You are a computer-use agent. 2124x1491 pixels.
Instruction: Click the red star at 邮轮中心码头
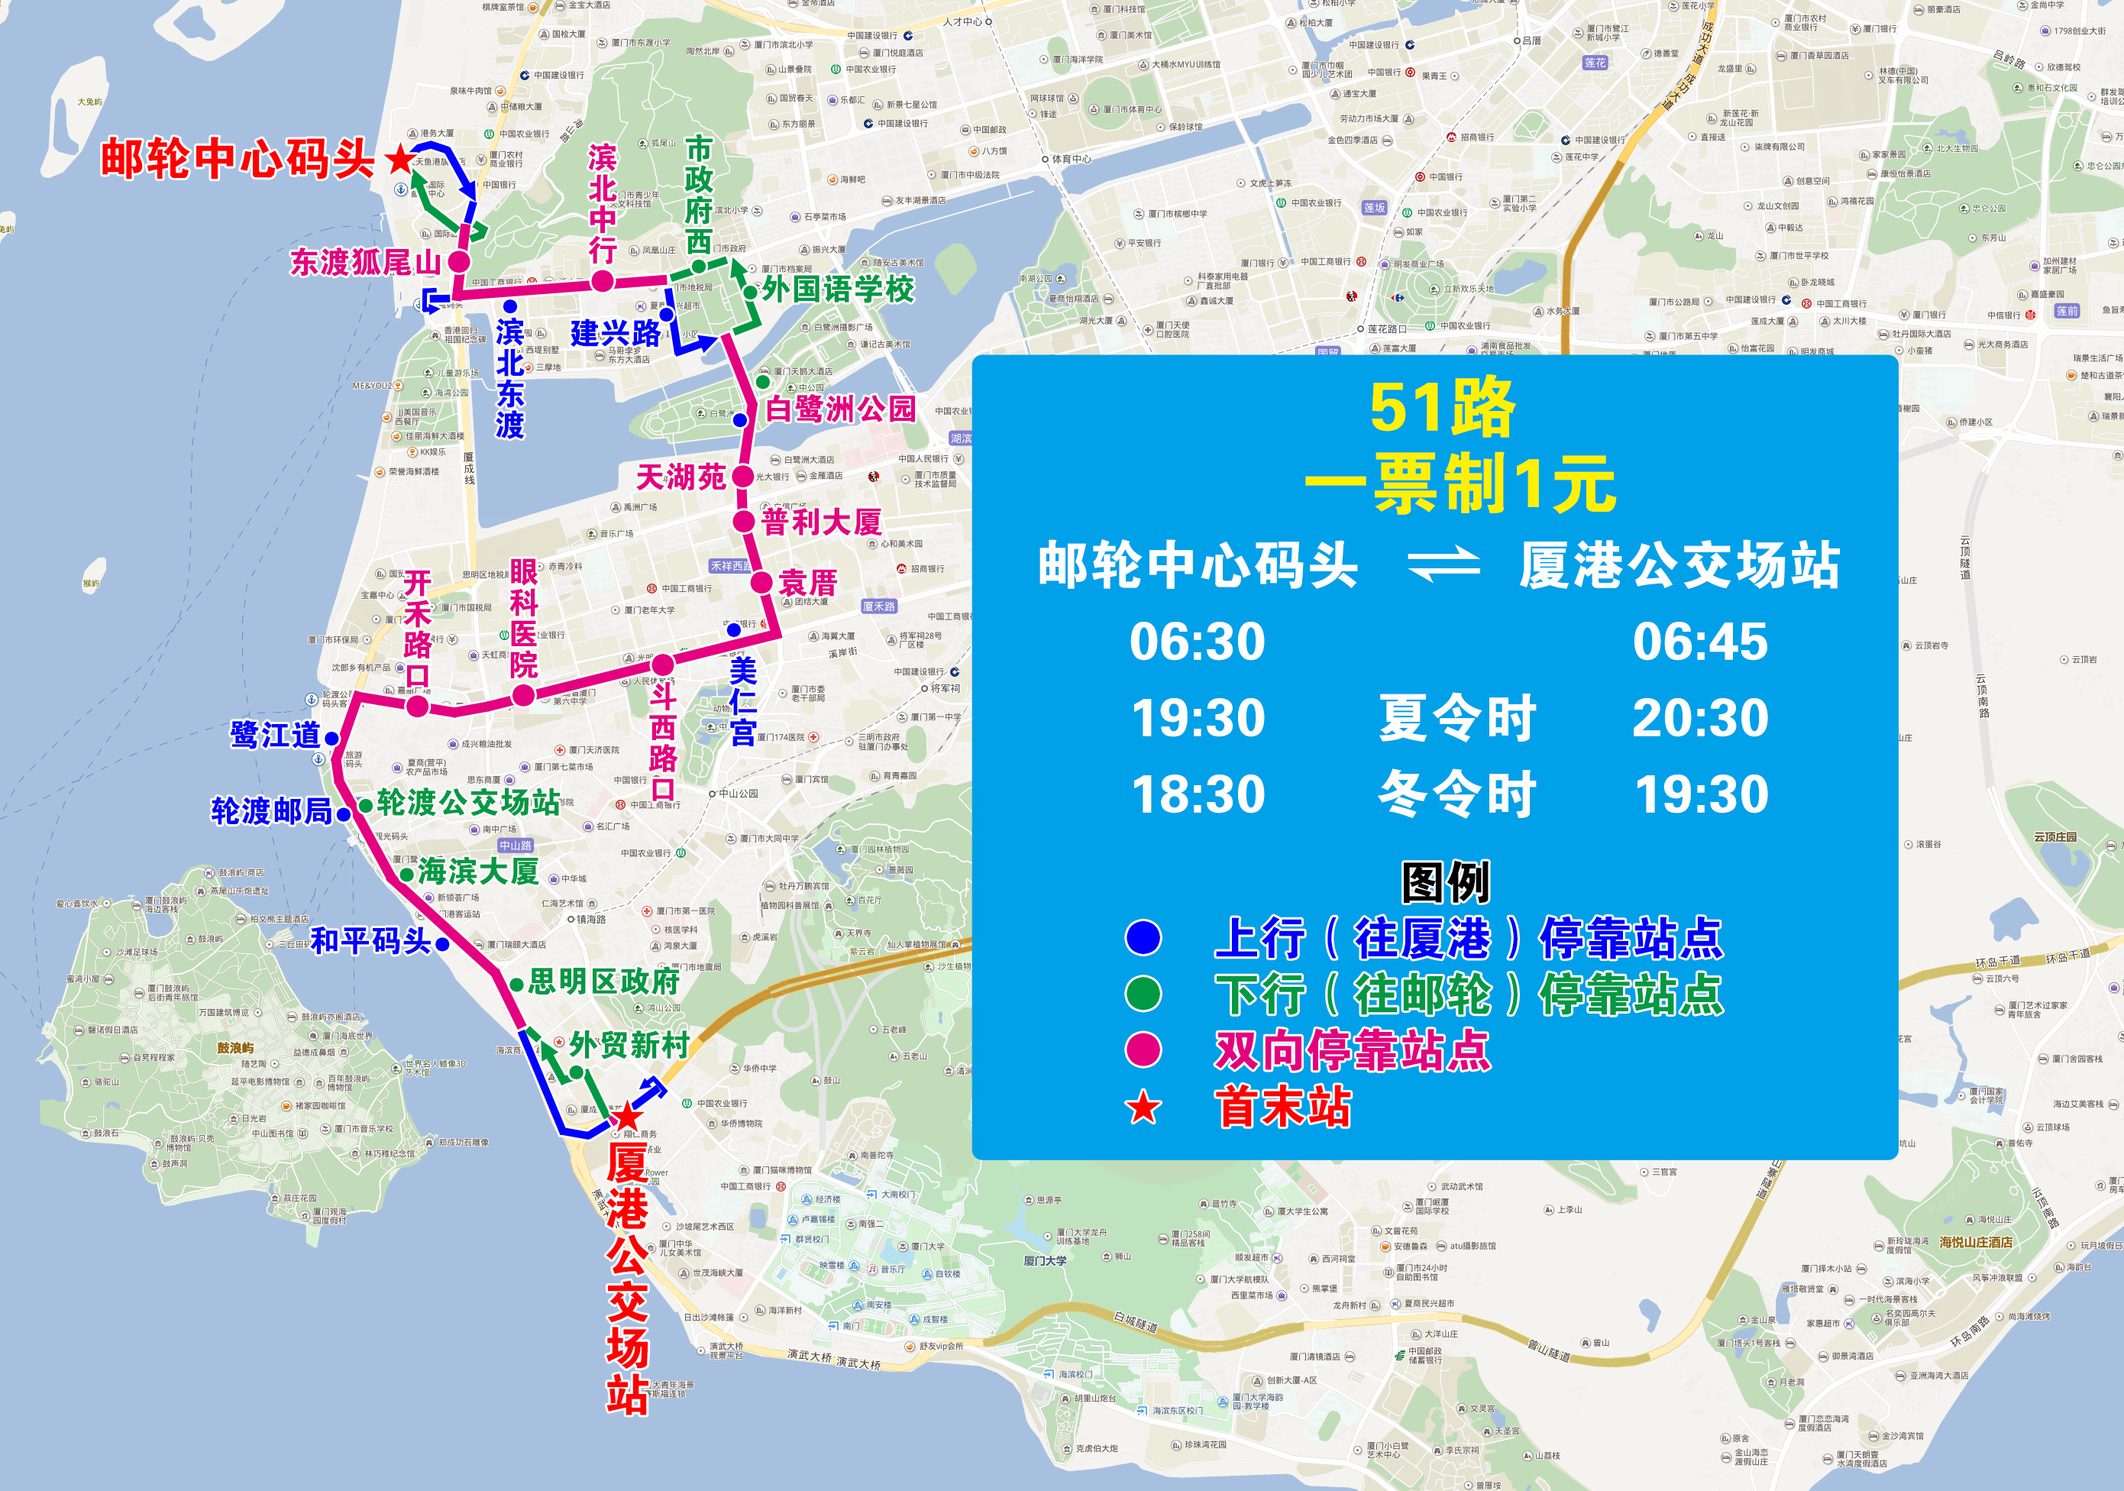tap(399, 160)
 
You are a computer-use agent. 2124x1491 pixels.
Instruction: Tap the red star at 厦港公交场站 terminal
tap(628, 1115)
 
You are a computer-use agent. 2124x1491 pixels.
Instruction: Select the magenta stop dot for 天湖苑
tap(742, 477)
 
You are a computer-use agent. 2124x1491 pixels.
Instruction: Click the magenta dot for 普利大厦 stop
tap(744, 522)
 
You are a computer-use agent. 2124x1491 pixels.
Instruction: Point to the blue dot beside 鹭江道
tap(331, 738)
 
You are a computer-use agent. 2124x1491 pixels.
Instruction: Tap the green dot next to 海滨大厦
tap(406, 874)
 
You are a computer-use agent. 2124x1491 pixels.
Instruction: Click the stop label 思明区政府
tap(604, 982)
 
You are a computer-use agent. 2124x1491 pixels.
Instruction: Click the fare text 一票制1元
tap(1460, 484)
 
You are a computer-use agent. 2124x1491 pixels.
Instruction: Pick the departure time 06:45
tap(1699, 642)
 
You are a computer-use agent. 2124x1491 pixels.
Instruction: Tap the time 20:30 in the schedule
tap(1699, 718)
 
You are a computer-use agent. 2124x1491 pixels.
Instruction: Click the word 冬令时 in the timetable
tap(1457, 794)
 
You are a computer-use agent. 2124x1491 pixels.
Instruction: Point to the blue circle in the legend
tap(1143, 937)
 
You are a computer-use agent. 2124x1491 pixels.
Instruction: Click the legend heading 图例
tap(1445, 881)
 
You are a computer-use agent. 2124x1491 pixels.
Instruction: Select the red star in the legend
tap(1143, 1106)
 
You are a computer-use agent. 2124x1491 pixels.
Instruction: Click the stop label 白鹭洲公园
tap(840, 409)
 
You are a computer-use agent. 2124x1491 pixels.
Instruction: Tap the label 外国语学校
tap(837, 289)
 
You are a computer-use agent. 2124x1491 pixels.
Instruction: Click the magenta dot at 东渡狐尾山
tap(459, 262)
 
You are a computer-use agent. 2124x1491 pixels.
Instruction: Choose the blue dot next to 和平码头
tap(442, 944)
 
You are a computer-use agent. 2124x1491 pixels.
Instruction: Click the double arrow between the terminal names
tap(1443, 563)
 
